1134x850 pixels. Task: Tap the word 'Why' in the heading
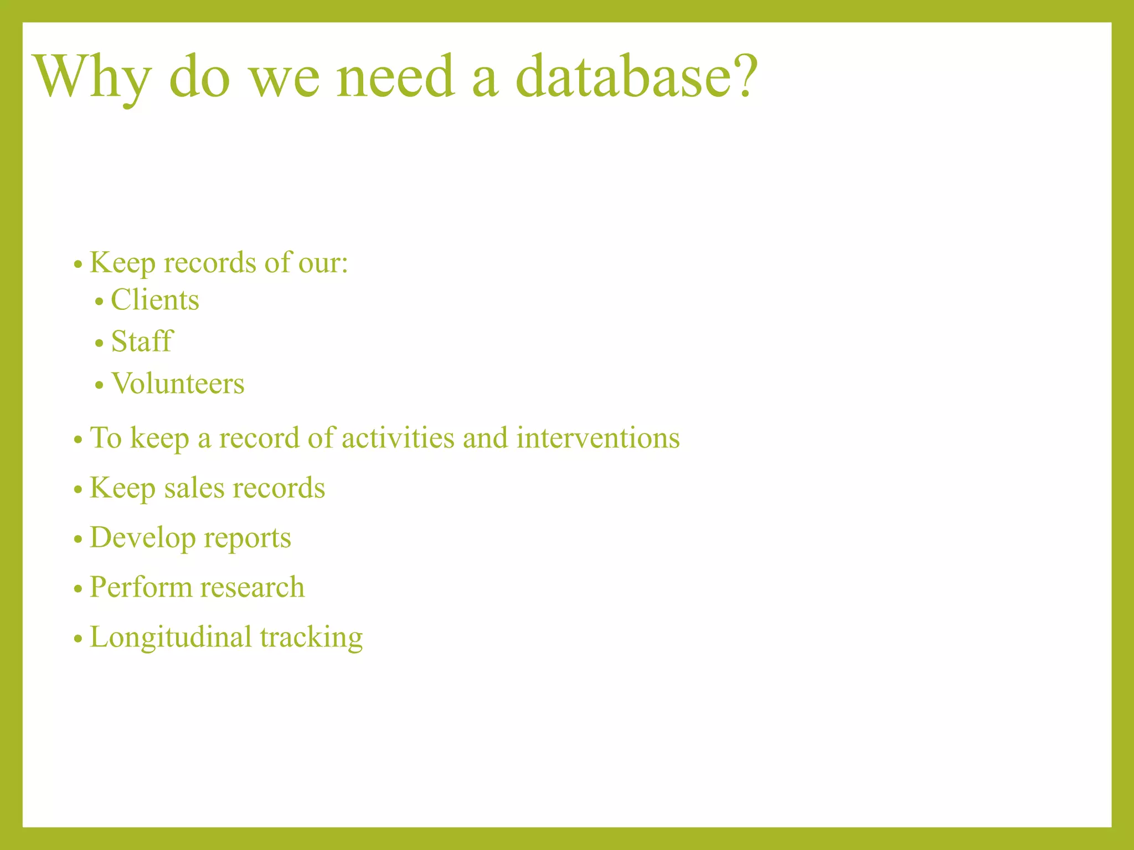pyautogui.click(x=92, y=77)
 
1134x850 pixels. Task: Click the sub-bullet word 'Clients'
pyautogui.click(x=155, y=300)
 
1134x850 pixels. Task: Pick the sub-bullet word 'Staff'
pyautogui.click(x=142, y=341)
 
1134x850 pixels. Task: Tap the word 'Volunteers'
pyautogui.click(x=178, y=383)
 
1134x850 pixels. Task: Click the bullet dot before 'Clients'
pyautogui.click(x=99, y=303)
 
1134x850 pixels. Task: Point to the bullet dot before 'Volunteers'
pyautogui.click(x=99, y=385)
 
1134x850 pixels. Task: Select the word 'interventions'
pyautogui.click(x=598, y=438)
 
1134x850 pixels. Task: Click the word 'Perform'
pyautogui.click(x=141, y=587)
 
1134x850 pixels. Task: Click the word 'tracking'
pyautogui.click(x=311, y=637)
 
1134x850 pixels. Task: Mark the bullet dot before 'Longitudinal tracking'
pyautogui.click(x=78, y=639)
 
